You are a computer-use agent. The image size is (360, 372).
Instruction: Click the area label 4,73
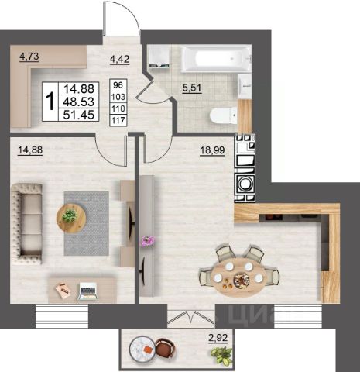coord(29,57)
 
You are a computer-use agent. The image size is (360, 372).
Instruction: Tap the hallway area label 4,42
coord(119,59)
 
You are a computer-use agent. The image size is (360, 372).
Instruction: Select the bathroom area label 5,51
coord(192,88)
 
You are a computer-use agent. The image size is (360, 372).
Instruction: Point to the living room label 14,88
coord(30,150)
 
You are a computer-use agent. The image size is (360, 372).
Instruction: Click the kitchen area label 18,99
coord(213,150)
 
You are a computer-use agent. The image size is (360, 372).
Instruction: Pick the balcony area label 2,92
coord(218,338)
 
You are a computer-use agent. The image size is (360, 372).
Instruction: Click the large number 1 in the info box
coord(50,102)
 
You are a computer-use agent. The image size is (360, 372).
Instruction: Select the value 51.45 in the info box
coord(79,115)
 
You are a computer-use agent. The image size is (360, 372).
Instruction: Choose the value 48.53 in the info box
coord(79,102)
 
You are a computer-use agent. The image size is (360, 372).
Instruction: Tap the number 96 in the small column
coord(118,84)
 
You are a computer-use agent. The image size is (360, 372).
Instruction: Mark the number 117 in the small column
coord(118,120)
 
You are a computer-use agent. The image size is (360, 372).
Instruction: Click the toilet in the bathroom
coord(223,115)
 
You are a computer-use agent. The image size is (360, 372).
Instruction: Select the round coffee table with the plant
coord(71,219)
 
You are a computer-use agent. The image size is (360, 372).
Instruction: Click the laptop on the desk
coord(88,291)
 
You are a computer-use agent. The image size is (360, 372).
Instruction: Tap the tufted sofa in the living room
coord(26,224)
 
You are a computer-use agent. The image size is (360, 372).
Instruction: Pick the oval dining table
coord(239,279)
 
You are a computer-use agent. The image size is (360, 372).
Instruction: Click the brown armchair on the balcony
coord(166,348)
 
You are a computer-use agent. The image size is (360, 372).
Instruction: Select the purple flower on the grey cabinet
coord(147,241)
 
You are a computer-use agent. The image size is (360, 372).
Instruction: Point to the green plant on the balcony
coord(221,355)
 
